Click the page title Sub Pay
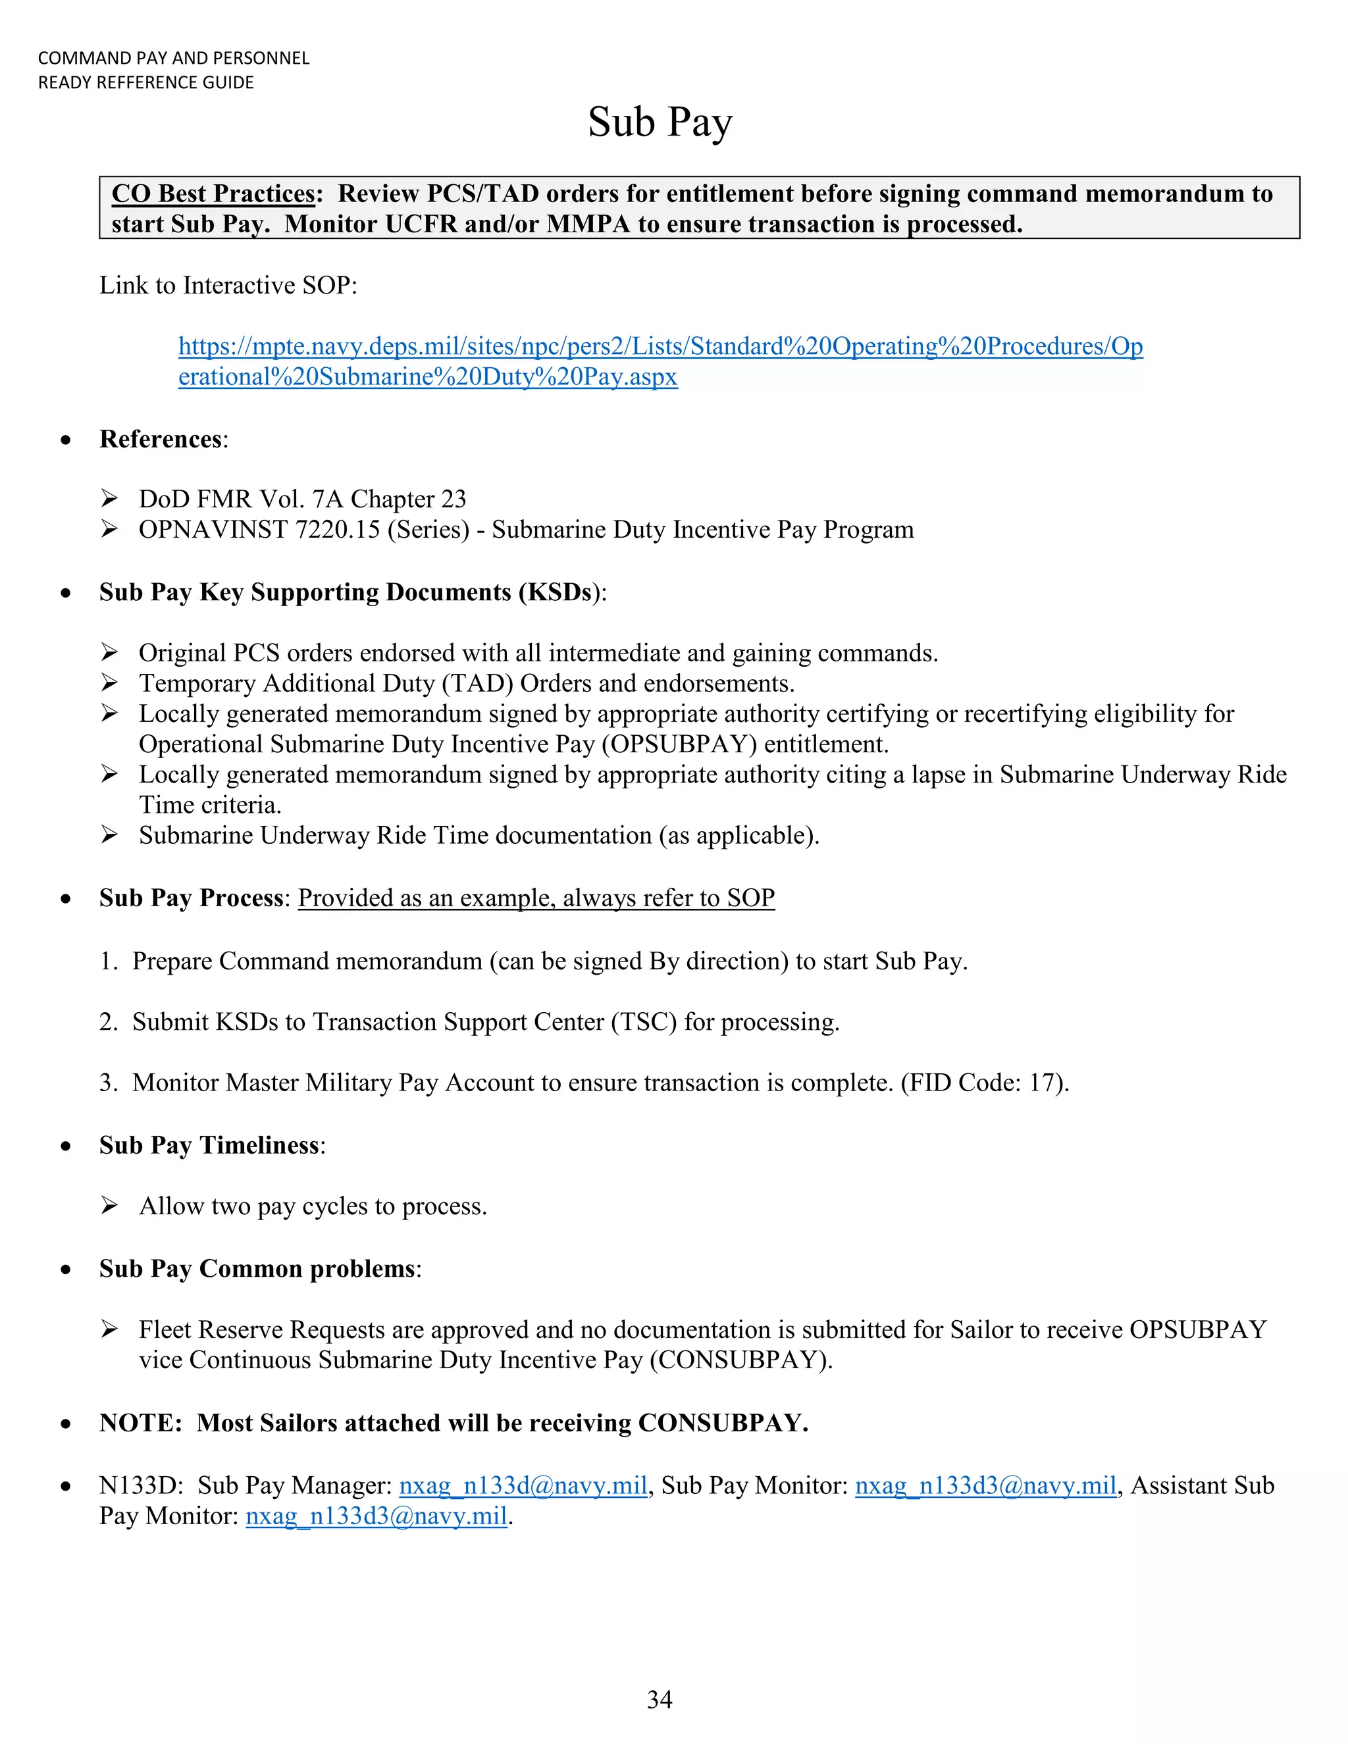[660, 123]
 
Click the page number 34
[660, 1699]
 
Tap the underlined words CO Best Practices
[213, 194]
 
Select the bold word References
[161, 439]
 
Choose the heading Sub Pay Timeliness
[209, 1145]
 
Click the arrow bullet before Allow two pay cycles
[109, 1205]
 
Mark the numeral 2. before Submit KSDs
[109, 1022]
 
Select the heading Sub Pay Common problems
[258, 1269]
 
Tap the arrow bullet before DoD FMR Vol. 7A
[109, 499]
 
